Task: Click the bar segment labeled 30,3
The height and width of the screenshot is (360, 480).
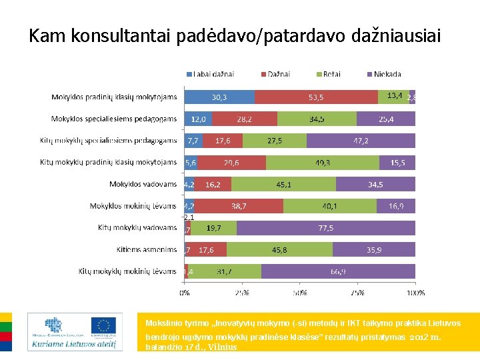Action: [x=219, y=97]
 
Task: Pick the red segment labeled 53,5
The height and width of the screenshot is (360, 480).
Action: [x=316, y=97]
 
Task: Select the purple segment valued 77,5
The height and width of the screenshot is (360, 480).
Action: [x=325, y=228]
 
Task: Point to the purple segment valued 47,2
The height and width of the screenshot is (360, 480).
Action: [x=361, y=141]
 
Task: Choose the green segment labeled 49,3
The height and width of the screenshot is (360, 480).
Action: [x=323, y=163]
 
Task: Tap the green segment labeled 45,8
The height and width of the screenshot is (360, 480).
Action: [x=279, y=250]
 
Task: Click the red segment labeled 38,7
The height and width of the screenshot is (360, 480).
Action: [x=238, y=206]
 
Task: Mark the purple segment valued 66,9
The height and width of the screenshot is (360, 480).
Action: [x=338, y=271]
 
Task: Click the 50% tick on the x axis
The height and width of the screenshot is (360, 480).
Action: [x=300, y=292]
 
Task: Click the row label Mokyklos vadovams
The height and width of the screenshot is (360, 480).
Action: [x=143, y=184]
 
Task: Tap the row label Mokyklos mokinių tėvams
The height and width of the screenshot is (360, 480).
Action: [x=133, y=206]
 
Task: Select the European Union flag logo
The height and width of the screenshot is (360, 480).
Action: [x=104, y=326]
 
